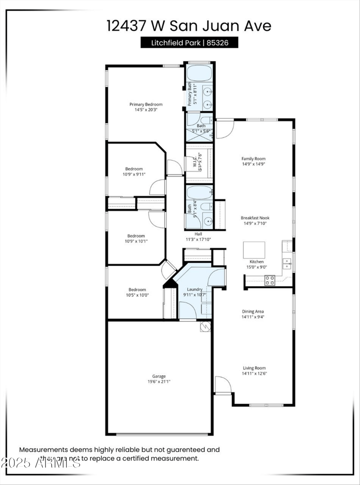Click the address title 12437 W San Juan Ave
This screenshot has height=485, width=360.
(x=189, y=26)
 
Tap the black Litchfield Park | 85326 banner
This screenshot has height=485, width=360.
(x=189, y=43)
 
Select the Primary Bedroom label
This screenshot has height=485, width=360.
(x=146, y=104)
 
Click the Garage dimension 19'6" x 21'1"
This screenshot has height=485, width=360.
(x=159, y=382)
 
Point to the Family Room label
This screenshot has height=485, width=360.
(x=253, y=158)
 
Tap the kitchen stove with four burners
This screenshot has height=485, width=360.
(x=270, y=280)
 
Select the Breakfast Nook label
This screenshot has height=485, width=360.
(x=255, y=217)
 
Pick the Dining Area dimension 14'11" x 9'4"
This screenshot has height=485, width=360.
(x=253, y=317)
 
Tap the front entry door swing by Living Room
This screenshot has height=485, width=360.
(x=222, y=385)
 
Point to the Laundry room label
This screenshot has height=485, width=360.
(x=195, y=289)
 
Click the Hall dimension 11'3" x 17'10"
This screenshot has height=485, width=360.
(x=198, y=239)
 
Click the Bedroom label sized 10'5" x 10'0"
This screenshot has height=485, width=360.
(x=137, y=290)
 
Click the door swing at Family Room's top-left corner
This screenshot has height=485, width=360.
(x=224, y=129)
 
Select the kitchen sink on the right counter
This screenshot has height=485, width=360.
(x=286, y=263)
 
